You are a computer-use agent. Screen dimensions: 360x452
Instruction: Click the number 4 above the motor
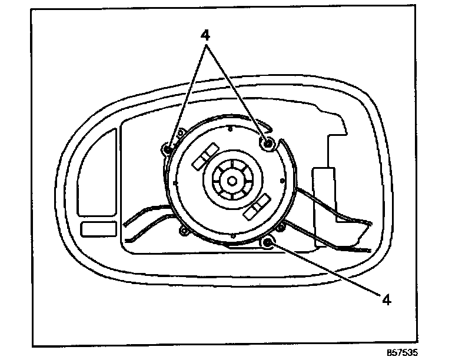point(205,35)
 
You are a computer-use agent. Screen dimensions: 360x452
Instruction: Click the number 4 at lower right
point(387,299)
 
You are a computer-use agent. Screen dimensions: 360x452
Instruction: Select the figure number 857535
point(406,354)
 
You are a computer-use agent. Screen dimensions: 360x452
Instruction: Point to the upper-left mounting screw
point(168,149)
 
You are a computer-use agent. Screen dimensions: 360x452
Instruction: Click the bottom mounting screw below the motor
point(268,242)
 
